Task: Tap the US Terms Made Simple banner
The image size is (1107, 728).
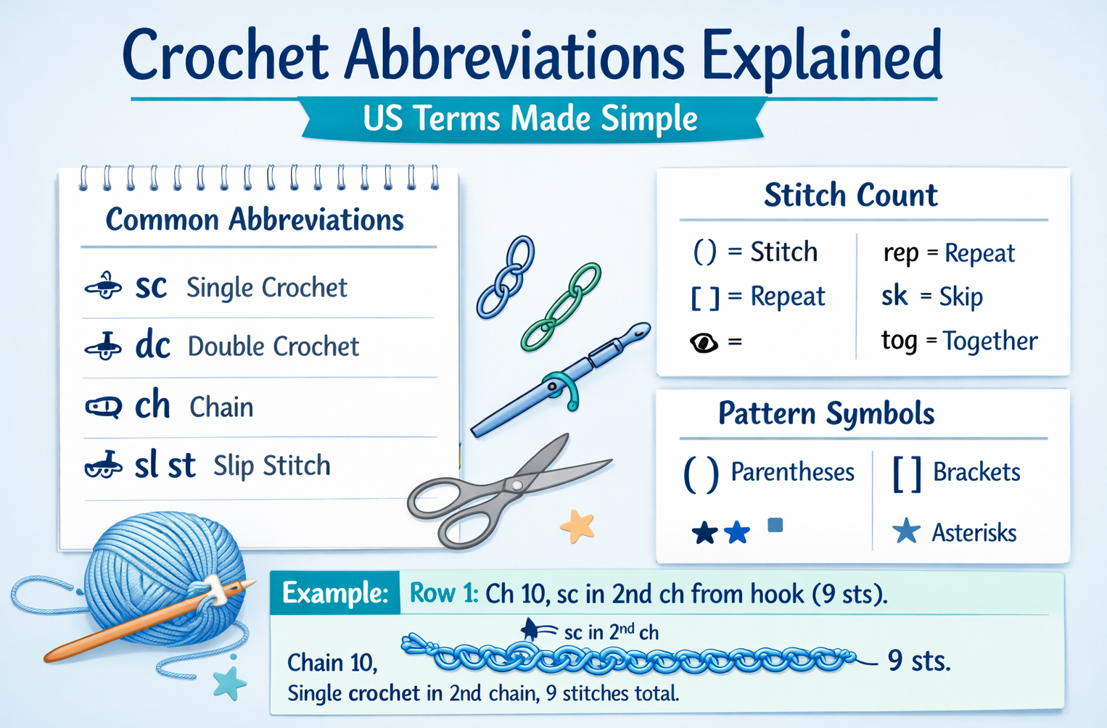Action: [x=530, y=119]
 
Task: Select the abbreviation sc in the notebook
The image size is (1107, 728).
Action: [x=151, y=287]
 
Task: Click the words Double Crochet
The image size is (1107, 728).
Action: [x=273, y=347]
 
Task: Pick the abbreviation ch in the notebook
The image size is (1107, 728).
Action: [x=152, y=406]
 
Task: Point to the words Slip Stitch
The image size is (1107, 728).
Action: [x=271, y=466]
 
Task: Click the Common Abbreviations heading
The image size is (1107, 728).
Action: [x=255, y=220]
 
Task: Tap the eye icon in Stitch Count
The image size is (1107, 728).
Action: [x=704, y=342]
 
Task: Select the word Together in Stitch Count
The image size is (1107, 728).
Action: [x=989, y=341]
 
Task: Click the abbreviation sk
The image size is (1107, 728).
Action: [x=894, y=297]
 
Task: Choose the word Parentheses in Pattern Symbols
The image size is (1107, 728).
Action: [x=792, y=472]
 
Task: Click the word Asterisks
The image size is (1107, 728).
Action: [x=974, y=533]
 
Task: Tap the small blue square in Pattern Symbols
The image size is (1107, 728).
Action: [x=775, y=525]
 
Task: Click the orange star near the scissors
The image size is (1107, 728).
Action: [x=577, y=526]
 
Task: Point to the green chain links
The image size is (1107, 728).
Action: [x=561, y=306]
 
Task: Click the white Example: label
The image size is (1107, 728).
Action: [x=335, y=593]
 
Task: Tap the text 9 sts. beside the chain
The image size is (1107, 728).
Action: [x=918, y=661]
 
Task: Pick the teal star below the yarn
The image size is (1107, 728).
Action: [x=230, y=683]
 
